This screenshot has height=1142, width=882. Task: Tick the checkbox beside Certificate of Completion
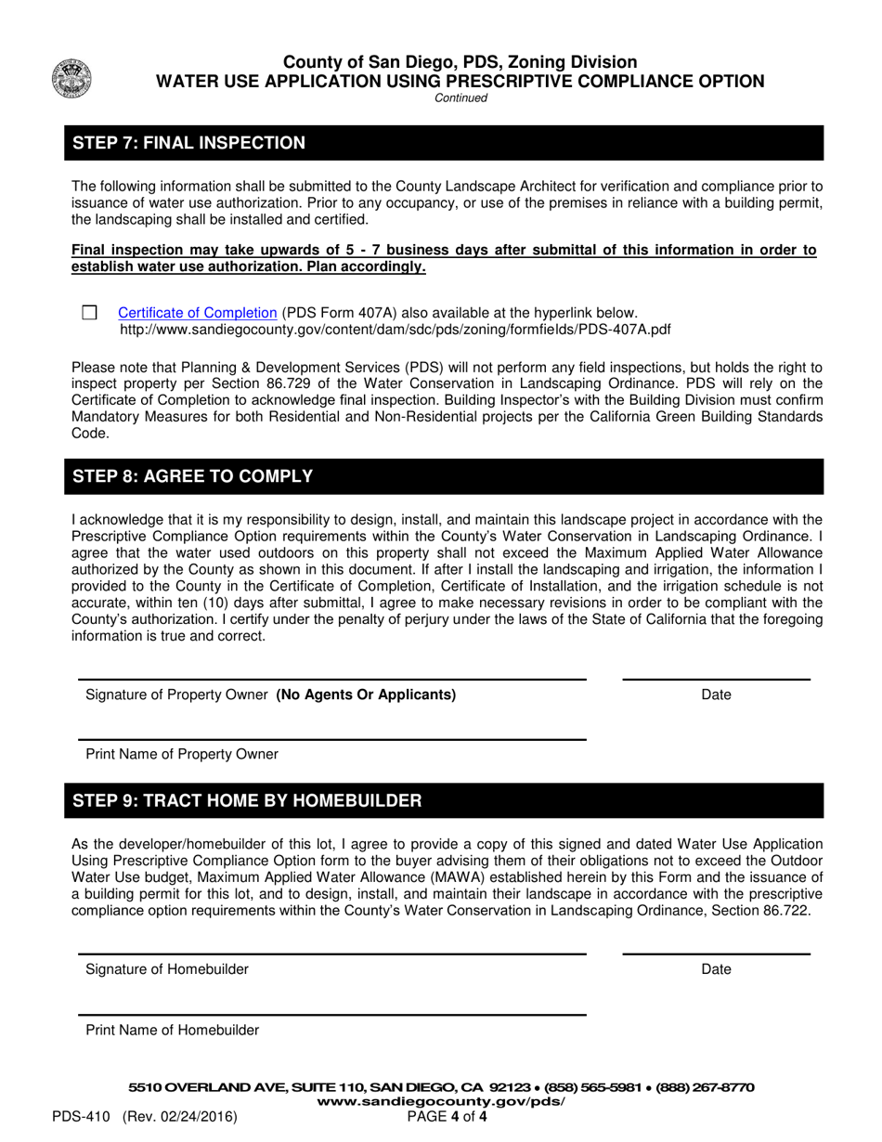(89, 313)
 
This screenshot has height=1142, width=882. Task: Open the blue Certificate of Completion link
(197, 313)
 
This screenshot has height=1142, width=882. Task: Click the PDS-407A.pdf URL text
(396, 330)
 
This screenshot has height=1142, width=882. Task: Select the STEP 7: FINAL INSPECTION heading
(188, 143)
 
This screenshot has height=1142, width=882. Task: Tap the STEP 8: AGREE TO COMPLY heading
(192, 476)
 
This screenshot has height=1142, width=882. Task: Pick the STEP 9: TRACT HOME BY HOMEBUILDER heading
(246, 800)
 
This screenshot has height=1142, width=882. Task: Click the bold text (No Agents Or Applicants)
(366, 694)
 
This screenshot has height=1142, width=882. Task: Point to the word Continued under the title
(460, 98)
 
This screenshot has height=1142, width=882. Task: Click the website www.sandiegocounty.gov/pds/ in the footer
(441, 1101)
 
